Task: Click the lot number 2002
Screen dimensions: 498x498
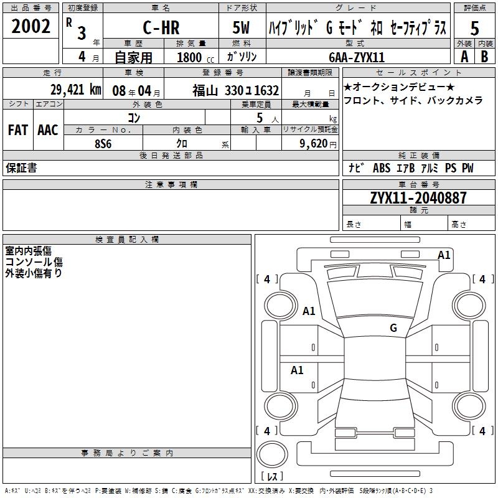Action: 31,26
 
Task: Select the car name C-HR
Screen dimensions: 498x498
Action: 160,28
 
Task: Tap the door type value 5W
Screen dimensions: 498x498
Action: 243,28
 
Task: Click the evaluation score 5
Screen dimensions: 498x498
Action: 475,28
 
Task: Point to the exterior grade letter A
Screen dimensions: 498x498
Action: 464,56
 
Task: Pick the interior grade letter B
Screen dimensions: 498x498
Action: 485,56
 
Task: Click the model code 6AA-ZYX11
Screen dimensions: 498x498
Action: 357,57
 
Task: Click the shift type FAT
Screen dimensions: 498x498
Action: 17,130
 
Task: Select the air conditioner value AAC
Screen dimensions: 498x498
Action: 48,130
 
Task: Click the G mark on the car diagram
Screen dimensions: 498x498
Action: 393,328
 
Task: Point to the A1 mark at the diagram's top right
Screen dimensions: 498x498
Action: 444,255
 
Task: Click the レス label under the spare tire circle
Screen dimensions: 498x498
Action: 272,477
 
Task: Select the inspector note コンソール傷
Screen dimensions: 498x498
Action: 34,262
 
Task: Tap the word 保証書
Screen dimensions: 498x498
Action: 21,168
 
